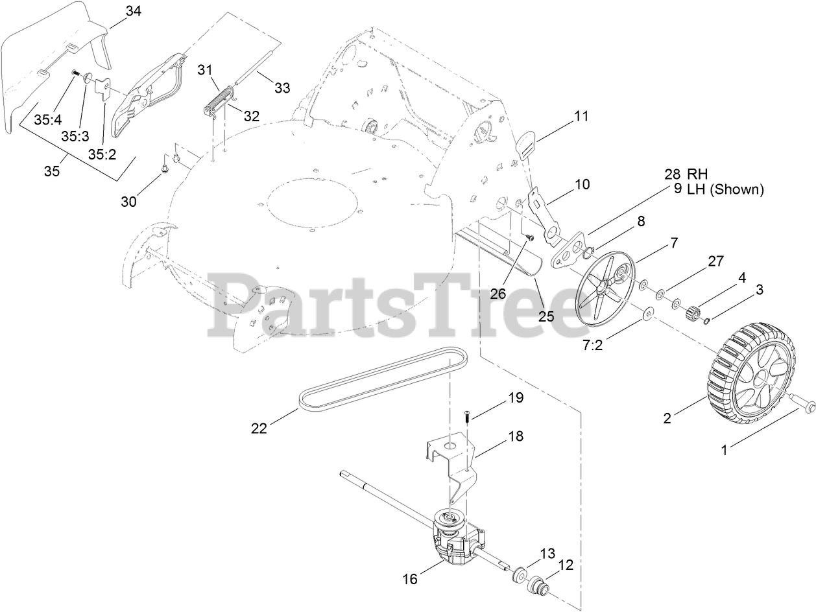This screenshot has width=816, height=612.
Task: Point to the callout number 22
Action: (259, 429)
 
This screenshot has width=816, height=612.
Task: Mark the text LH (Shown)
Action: (719, 189)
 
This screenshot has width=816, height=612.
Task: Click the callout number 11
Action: (581, 116)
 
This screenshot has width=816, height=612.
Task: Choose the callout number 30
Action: (129, 202)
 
